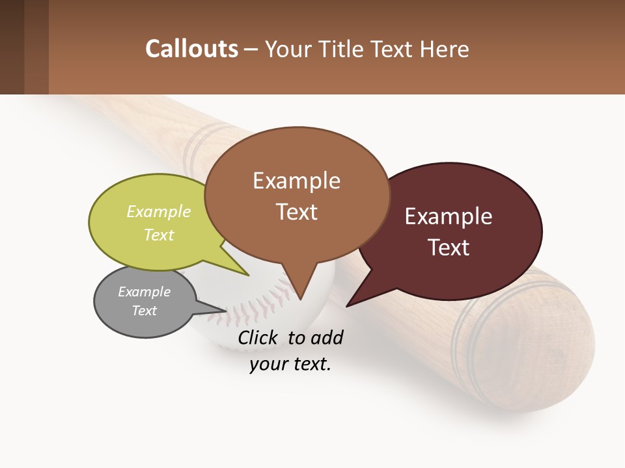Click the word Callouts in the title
[x=191, y=49]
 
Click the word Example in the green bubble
[x=159, y=212]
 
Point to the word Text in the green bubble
[x=159, y=235]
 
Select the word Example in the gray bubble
[x=144, y=292]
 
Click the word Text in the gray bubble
[x=144, y=311]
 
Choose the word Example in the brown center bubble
[x=296, y=181]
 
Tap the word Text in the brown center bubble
[x=296, y=211]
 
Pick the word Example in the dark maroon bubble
[x=449, y=216]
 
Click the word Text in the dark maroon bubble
[x=449, y=247]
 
